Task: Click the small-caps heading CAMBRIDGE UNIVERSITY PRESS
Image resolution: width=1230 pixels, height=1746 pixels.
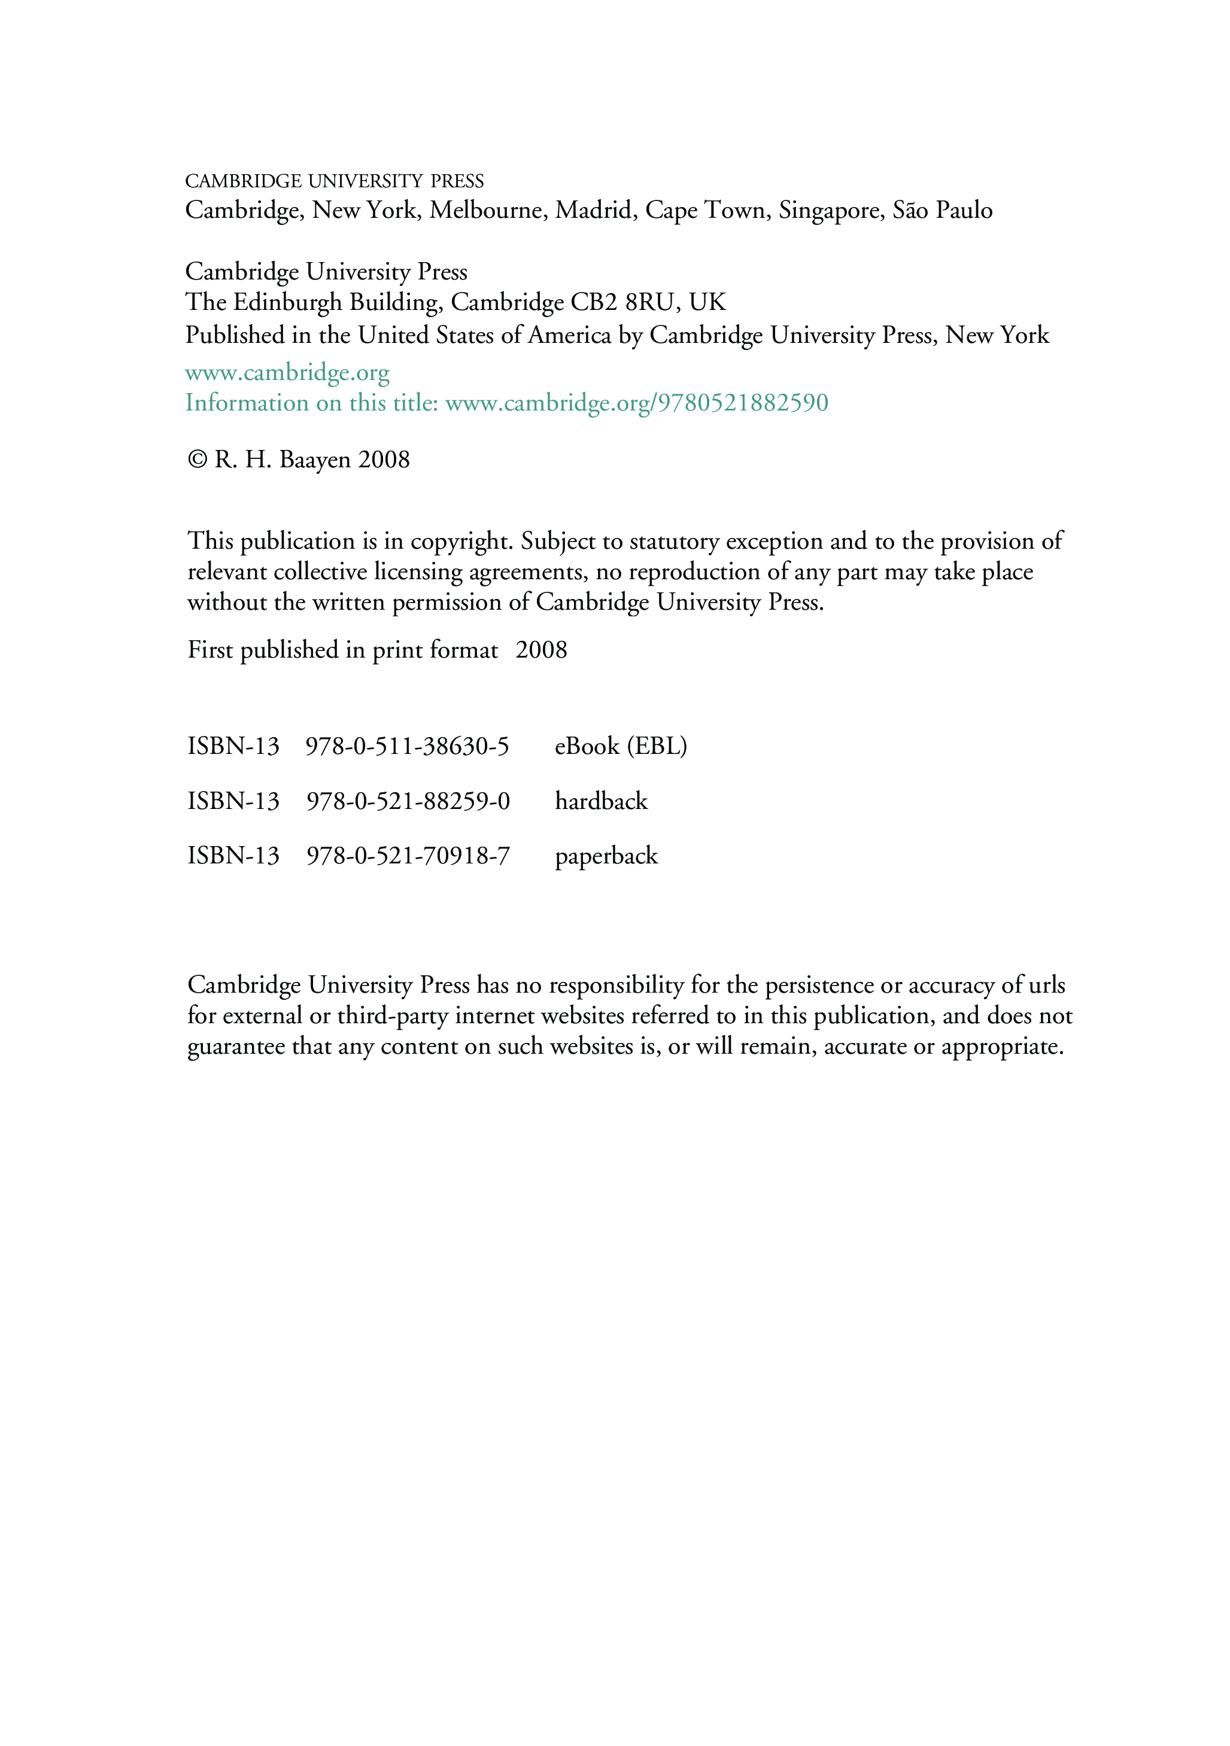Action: (x=335, y=181)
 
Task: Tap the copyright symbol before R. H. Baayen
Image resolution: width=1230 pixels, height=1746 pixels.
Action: (x=197, y=460)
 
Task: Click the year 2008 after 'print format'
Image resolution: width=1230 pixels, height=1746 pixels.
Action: (x=541, y=650)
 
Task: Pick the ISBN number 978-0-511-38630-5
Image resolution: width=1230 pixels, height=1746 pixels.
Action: (x=407, y=746)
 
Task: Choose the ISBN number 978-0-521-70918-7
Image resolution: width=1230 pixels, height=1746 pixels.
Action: (x=408, y=856)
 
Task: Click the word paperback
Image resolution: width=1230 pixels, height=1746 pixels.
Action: (x=606, y=856)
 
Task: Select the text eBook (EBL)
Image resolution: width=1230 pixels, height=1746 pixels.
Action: (x=621, y=746)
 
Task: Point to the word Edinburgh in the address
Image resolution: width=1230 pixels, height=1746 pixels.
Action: (x=287, y=302)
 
